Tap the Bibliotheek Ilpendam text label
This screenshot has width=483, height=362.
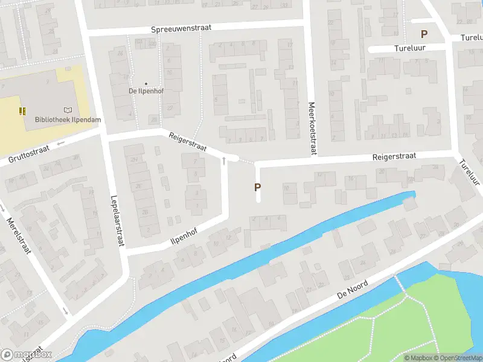point(68,120)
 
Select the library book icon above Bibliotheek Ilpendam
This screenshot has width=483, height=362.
point(68,110)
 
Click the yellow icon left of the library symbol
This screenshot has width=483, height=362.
point(22,110)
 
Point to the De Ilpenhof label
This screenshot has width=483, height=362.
point(146,91)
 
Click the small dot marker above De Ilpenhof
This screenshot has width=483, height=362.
point(146,83)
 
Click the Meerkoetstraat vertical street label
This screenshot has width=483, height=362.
point(312,128)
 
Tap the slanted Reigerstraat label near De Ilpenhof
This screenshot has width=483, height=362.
point(188,142)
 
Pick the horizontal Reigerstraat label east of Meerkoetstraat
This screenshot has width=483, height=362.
point(394,156)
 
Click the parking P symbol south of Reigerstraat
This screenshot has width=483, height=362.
point(257,188)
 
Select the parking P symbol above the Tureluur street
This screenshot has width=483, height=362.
point(424,35)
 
